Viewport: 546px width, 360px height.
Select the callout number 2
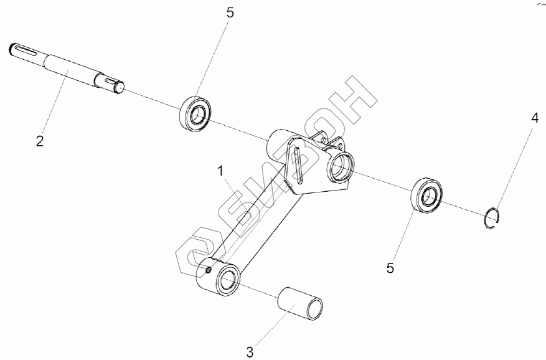pos(39,141)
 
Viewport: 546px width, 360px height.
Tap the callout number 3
pos(250,352)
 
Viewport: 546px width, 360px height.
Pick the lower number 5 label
pos(390,268)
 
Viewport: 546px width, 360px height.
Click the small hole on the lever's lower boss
pos(208,270)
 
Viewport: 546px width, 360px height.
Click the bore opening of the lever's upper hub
pos(341,166)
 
